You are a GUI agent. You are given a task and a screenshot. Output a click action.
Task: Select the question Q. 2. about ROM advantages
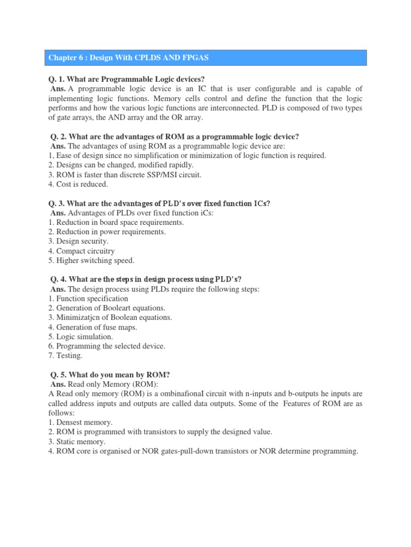(173, 137)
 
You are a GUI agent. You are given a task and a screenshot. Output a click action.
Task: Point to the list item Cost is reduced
(78, 184)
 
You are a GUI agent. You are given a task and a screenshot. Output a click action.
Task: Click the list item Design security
(78, 241)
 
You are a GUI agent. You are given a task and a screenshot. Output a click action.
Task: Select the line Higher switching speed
(91, 261)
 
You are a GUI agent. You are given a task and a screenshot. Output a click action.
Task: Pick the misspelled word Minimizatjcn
(80, 317)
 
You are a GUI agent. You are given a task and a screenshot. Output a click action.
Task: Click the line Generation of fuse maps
(93, 327)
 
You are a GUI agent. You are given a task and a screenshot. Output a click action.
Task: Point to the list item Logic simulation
(80, 337)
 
